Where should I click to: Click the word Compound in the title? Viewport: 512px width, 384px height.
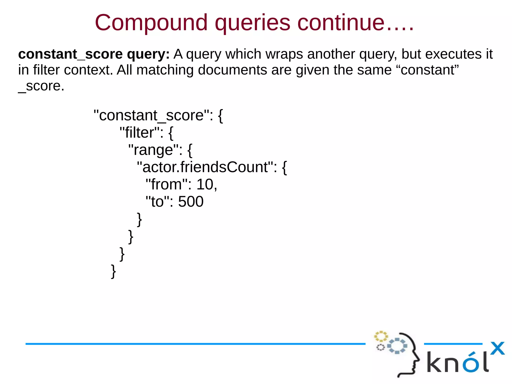[x=151, y=23]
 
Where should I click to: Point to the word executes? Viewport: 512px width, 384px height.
[x=453, y=54]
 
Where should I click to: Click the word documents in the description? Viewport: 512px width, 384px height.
[x=232, y=70]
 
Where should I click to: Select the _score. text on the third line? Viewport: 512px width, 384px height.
[x=41, y=86]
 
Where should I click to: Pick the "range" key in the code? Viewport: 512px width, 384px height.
[x=153, y=150]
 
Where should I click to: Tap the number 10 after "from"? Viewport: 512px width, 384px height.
[x=205, y=184]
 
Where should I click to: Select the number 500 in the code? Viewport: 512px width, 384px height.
[x=191, y=202]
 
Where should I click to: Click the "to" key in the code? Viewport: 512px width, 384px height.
[x=157, y=202]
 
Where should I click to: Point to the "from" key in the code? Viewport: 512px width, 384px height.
[x=166, y=184]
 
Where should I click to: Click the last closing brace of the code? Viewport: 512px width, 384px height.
[x=113, y=271]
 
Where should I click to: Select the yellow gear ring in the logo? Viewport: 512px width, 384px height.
[x=381, y=336]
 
